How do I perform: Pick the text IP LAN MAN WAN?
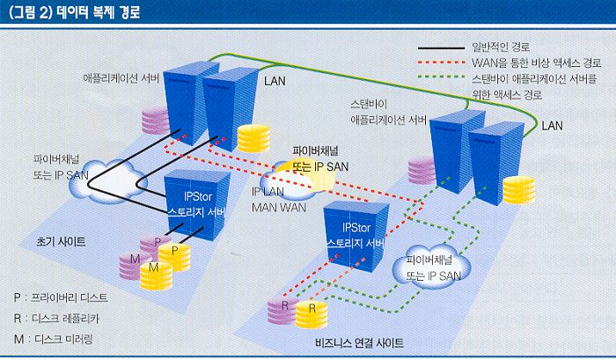[279, 199]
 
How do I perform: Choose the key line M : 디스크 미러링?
[58, 337]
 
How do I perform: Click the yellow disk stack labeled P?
[177, 255]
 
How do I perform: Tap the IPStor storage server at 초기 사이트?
[199, 208]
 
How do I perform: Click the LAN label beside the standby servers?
[552, 126]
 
